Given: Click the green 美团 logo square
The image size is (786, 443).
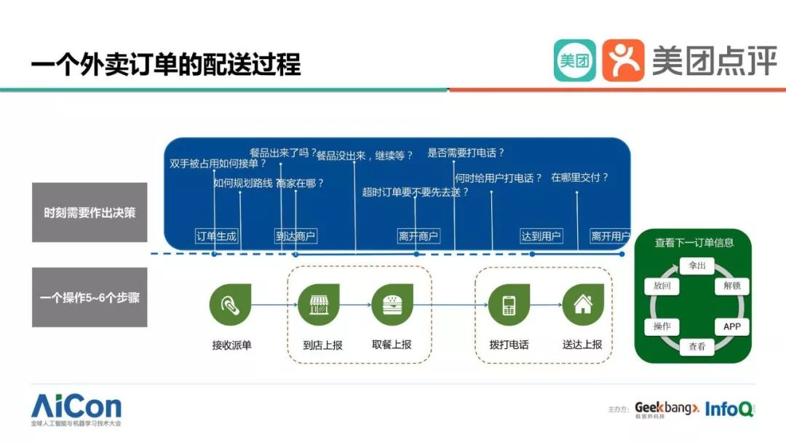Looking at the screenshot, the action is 574,60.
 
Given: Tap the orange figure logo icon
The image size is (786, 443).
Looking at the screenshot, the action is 623,60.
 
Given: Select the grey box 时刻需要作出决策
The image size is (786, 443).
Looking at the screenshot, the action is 90,213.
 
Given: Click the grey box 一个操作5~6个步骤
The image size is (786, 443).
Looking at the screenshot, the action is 90,297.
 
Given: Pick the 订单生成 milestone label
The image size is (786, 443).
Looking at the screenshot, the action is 217,236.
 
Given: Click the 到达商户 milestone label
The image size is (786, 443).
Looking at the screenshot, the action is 295,236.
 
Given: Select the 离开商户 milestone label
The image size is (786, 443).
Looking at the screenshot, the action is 418,236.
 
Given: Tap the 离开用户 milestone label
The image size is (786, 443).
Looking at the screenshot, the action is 610,236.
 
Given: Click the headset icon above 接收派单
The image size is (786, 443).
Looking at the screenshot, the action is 230,305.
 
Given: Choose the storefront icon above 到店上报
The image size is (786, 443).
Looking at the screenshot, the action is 319,305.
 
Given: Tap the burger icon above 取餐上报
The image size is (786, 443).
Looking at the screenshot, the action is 392,305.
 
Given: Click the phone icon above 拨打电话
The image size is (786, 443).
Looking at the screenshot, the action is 509,305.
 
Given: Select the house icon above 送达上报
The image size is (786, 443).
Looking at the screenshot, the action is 583,305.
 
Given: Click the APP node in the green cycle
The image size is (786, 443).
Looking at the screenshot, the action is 731,326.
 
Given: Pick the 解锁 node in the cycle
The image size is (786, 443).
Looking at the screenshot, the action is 731,286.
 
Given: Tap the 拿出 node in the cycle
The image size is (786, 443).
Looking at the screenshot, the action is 696,266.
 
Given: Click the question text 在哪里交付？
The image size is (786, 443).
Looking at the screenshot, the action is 579,177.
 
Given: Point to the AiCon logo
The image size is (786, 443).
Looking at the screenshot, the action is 76,408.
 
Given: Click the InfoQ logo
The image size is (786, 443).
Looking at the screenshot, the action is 729,409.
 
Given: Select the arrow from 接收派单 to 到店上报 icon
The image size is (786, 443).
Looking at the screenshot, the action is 273,305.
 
